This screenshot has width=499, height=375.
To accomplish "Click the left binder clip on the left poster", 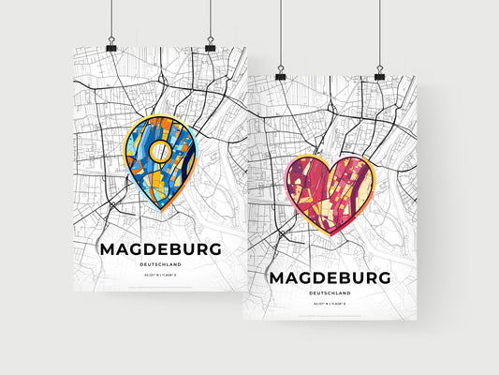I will click(x=110, y=45).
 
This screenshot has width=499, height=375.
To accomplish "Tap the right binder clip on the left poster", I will click(x=210, y=45).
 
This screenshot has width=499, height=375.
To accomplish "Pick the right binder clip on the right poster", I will click(x=379, y=73).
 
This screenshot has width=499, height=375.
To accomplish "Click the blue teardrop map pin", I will click(x=160, y=159).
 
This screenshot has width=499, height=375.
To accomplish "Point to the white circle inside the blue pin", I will click(x=160, y=150).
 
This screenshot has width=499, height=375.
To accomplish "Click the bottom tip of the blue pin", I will click(x=161, y=212).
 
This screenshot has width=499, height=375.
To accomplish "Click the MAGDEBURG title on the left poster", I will click(x=159, y=250).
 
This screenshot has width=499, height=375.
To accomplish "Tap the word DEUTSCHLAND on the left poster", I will click(x=159, y=265).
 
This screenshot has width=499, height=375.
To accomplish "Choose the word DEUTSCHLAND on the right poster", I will click(x=327, y=293).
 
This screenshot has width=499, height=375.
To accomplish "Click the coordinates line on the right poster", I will click(x=327, y=306).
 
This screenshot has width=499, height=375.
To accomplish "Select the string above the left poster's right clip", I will click(x=210, y=19).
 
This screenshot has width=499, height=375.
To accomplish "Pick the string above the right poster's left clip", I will click(x=280, y=33).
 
